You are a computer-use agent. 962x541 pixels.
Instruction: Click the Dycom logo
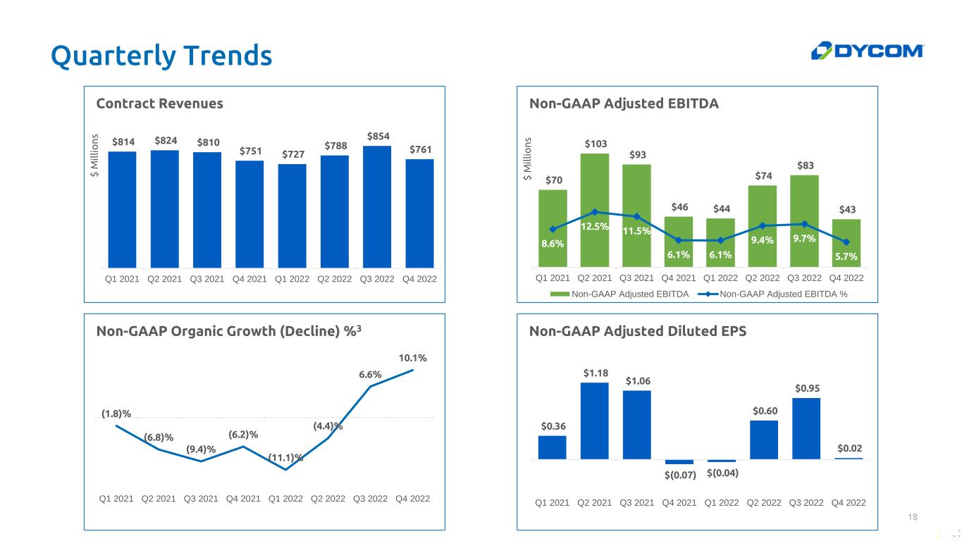pyautogui.click(x=867, y=51)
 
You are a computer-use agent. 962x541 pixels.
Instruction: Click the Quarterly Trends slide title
pyautogui.click(x=161, y=55)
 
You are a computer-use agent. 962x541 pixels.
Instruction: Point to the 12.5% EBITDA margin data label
pyautogui.click(x=595, y=227)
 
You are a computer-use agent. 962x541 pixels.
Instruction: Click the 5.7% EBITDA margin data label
pyautogui.click(x=846, y=256)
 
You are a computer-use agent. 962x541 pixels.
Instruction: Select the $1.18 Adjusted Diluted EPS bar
pyautogui.click(x=594, y=421)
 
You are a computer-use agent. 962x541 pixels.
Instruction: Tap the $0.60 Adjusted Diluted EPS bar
pyautogui.click(x=764, y=440)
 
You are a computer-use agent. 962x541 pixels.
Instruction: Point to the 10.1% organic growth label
pyautogui.click(x=413, y=358)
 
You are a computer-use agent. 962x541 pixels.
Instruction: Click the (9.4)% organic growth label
pyautogui.click(x=201, y=449)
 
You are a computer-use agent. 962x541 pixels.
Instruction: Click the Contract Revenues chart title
pyautogui.click(x=159, y=104)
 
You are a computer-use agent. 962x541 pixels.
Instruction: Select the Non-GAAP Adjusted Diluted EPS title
pyautogui.click(x=637, y=331)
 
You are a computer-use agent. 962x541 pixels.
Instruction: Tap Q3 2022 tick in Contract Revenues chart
pyautogui.click(x=377, y=279)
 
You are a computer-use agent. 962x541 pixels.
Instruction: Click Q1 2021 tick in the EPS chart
pyautogui.click(x=553, y=502)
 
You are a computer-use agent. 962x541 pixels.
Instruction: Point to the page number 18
pyautogui.click(x=913, y=518)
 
